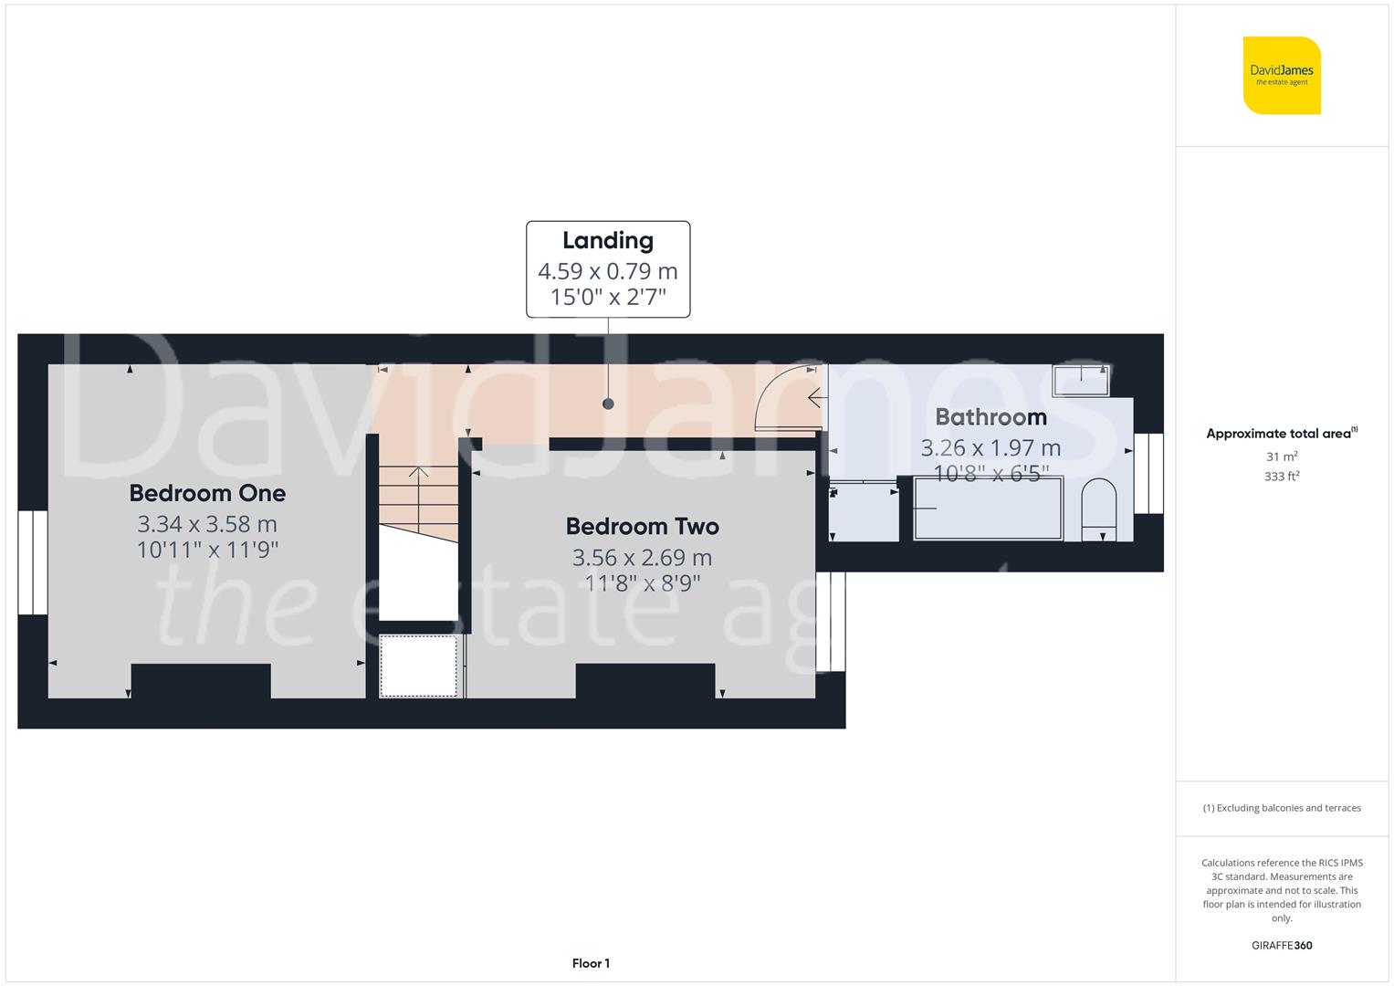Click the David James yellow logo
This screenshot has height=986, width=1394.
pyautogui.click(x=1282, y=76)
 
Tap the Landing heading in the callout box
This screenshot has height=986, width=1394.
pyautogui.click(x=607, y=241)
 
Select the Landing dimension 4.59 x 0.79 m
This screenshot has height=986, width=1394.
pyautogui.click(x=607, y=271)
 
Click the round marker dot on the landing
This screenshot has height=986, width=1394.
pyautogui.click(x=608, y=404)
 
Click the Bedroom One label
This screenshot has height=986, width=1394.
pyautogui.click(x=207, y=494)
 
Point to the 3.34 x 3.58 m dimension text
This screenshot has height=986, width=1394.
pyautogui.click(x=207, y=524)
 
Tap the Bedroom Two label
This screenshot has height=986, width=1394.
pyautogui.click(x=642, y=527)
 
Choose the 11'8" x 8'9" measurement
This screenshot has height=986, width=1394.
pyautogui.click(x=642, y=582)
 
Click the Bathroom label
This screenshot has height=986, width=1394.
pyautogui.click(x=990, y=417)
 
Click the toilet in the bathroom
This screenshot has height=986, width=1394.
pyautogui.click(x=1097, y=510)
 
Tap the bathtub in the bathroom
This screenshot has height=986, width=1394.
pyautogui.click(x=988, y=509)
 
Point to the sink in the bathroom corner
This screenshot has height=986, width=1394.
pyautogui.click(x=1081, y=380)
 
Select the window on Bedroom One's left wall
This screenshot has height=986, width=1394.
pyautogui.click(x=33, y=561)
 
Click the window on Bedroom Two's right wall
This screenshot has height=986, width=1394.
pyautogui.click(x=831, y=621)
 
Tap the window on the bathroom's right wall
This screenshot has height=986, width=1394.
pyautogui.click(x=1148, y=474)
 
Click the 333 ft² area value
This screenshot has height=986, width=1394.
pyautogui.click(x=1282, y=477)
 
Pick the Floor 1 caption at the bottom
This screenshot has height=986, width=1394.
pyautogui.click(x=591, y=963)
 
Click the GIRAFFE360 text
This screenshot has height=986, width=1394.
pyautogui.click(x=1282, y=945)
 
